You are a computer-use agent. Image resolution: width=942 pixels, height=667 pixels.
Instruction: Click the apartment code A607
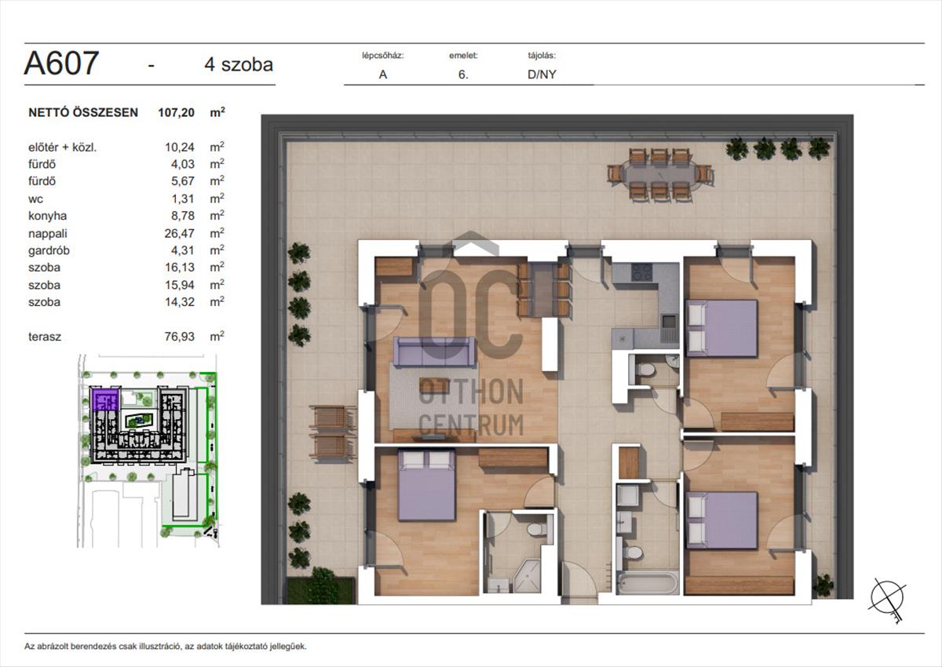coord(61,63)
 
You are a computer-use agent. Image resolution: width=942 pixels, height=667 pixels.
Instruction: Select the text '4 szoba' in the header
coord(239,64)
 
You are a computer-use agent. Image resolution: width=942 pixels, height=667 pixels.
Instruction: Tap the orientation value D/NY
coord(542,75)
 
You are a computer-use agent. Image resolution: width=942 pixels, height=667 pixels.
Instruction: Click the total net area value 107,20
coord(176,112)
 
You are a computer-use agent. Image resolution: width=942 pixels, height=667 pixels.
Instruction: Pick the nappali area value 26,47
coord(180,233)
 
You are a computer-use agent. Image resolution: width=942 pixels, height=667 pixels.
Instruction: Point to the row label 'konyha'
coord(48,216)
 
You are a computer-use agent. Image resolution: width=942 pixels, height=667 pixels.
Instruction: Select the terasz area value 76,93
coord(180,337)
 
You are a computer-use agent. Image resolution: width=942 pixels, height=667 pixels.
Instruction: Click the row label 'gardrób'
coord(49,250)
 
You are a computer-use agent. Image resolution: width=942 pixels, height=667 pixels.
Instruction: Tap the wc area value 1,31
coord(182,199)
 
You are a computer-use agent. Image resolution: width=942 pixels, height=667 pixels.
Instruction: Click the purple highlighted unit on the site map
coord(105,399)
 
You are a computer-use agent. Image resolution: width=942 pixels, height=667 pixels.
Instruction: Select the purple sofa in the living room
coord(434,352)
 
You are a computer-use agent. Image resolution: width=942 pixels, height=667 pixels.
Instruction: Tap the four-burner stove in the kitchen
coord(642,272)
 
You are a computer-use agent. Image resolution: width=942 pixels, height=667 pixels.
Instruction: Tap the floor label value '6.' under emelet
coord(463,75)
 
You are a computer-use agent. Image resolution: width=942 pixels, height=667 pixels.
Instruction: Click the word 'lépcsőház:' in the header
coord(383,56)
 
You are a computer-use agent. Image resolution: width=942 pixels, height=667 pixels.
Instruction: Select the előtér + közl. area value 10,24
coord(180,147)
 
